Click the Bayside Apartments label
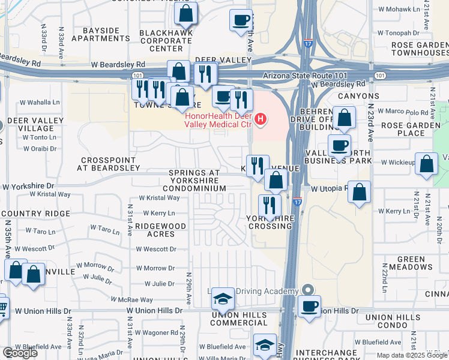pyautogui.click(x=101, y=34)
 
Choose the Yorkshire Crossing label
pyautogui.click(x=270, y=222)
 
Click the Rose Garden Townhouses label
pyautogui.click(x=420, y=49)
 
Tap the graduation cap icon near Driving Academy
pyautogui.click(x=223, y=298)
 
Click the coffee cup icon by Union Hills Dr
pyautogui.click(x=310, y=306)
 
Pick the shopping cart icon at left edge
pyautogui.click(x=2, y=306)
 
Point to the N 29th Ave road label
pyautogui.click(x=188, y=290)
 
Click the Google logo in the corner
pyautogui.click(x=20, y=353)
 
